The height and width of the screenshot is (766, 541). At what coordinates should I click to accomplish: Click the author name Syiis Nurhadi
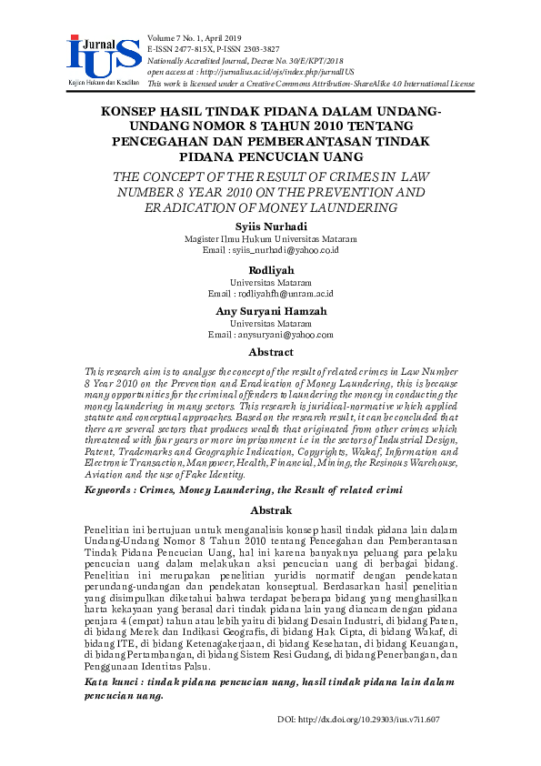tap(270, 225)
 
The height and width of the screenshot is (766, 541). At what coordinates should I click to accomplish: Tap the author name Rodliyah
tap(270, 270)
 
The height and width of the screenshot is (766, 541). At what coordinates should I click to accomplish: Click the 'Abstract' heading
tap(271, 352)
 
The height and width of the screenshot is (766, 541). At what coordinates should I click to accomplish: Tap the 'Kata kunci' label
tap(115, 681)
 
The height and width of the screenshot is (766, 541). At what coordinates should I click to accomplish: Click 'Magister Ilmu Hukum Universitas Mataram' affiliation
tap(270, 237)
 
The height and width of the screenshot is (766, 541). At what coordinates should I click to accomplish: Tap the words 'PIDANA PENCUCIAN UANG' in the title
tap(271, 157)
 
